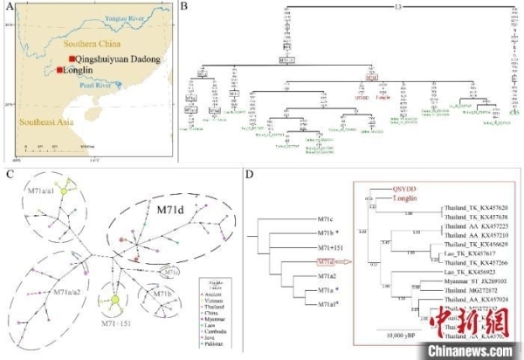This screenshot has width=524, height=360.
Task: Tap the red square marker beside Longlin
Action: (59, 70)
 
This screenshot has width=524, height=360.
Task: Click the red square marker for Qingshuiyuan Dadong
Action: (72, 57)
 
